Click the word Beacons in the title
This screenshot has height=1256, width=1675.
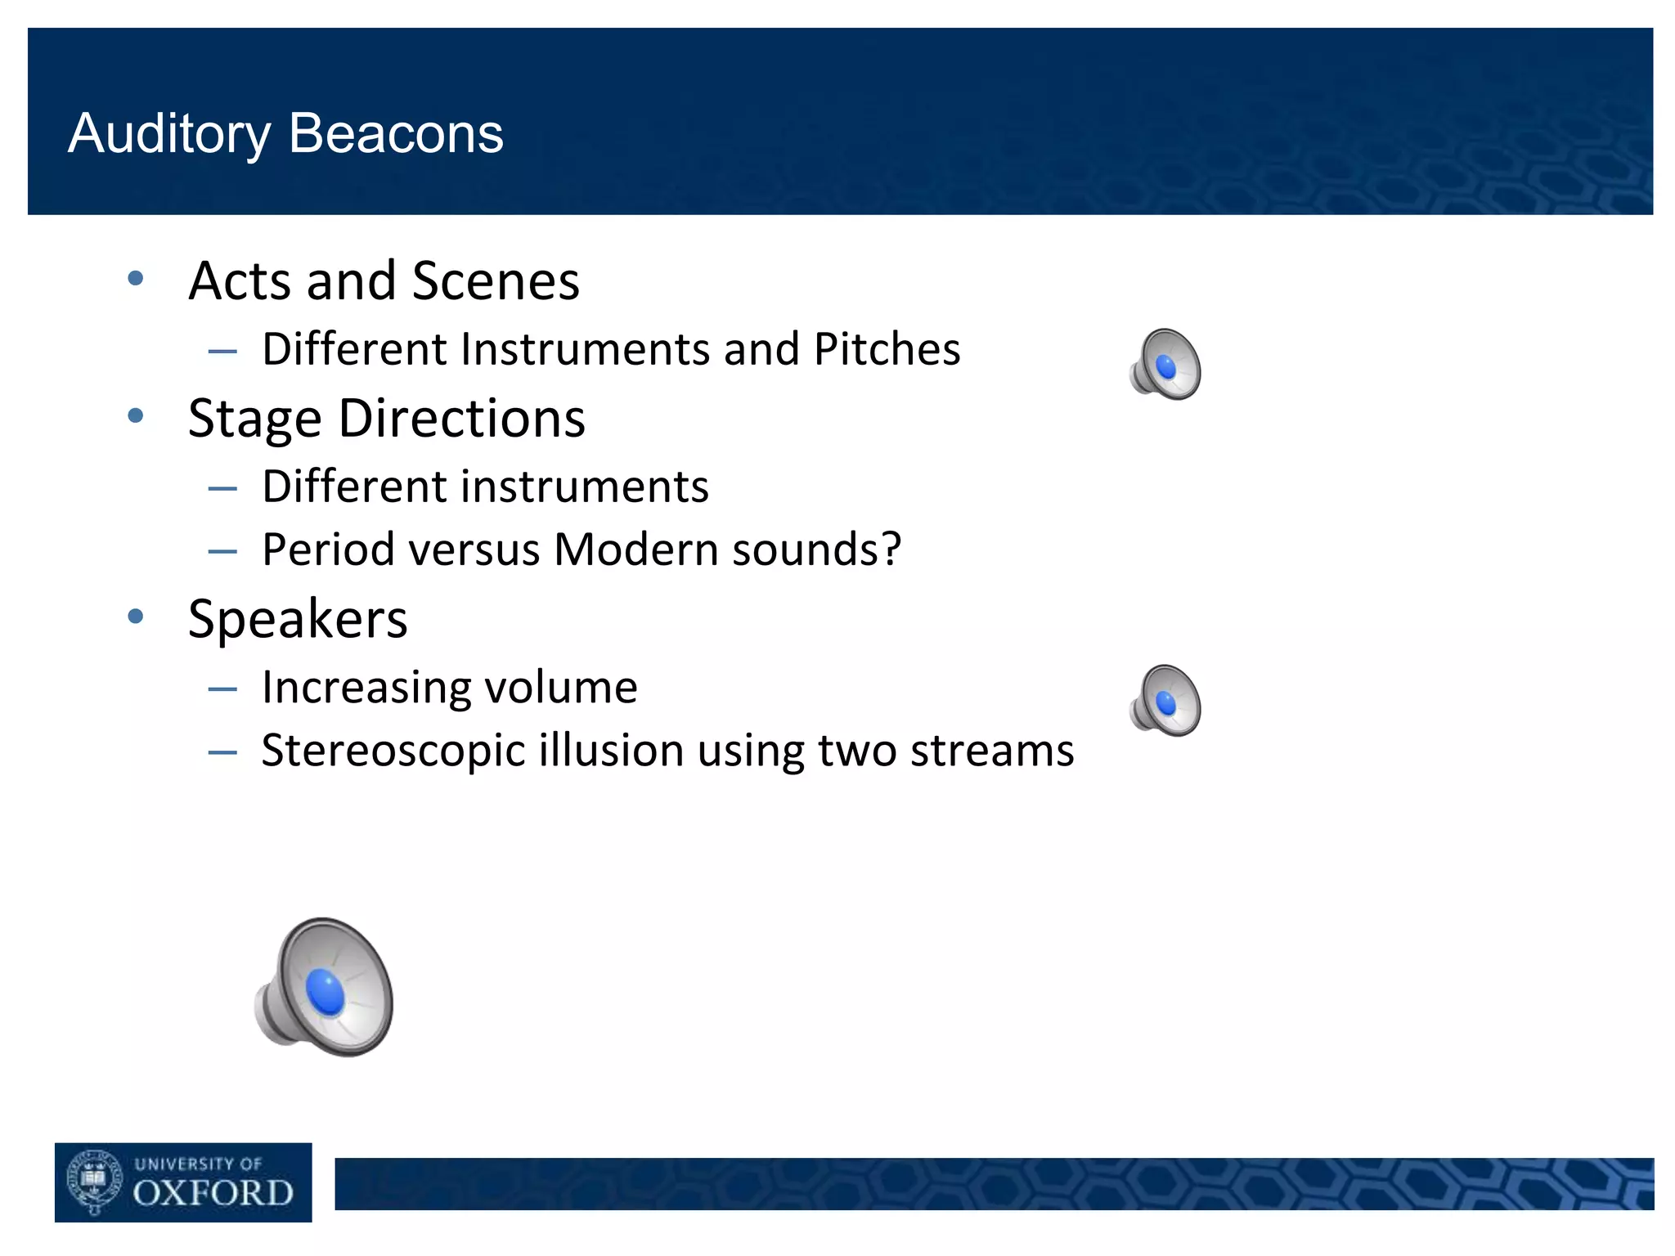(396, 133)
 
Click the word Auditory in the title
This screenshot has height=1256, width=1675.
(169, 135)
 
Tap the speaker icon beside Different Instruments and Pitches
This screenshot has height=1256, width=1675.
(1165, 365)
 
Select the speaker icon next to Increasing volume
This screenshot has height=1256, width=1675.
(1165, 701)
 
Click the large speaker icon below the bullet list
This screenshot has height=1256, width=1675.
(326, 987)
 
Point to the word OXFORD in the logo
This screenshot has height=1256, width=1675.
(213, 1194)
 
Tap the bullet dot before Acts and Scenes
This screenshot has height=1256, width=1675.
(136, 279)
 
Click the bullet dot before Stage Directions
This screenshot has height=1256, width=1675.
(136, 416)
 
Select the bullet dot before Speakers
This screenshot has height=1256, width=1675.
(136, 617)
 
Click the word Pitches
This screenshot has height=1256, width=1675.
(887, 350)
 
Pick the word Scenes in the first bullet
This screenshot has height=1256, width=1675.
(496, 281)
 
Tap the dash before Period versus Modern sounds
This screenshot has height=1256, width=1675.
(222, 552)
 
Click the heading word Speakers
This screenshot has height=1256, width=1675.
(298, 619)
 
